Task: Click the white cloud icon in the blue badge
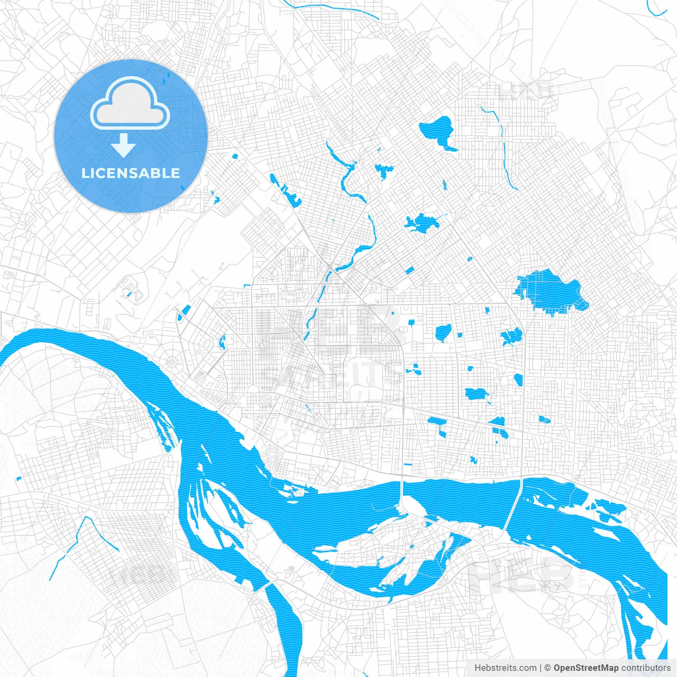[130, 103]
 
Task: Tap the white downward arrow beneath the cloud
[124, 145]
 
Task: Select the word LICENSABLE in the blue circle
[131, 173]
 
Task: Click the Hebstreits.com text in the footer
[505, 668]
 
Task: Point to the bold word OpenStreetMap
[586, 668]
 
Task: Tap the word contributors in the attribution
[645, 668]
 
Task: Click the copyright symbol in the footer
[547, 668]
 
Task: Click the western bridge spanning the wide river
[402, 495]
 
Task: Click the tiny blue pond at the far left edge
[19, 479]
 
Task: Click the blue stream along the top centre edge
[333, 8]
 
